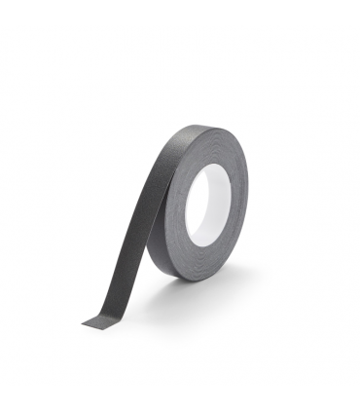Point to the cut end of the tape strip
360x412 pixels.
97,321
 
